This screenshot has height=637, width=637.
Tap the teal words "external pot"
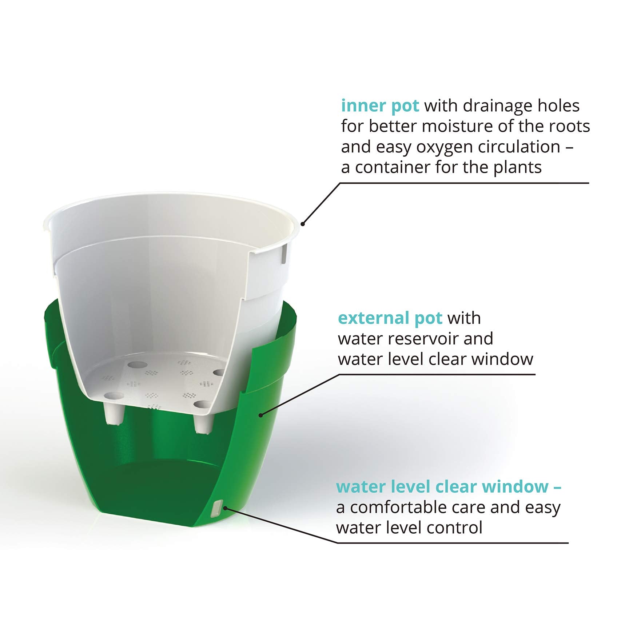390,318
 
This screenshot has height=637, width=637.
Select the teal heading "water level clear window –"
449,487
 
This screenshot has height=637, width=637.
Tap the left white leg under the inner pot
114,413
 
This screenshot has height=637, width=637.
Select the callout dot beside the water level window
225,507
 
